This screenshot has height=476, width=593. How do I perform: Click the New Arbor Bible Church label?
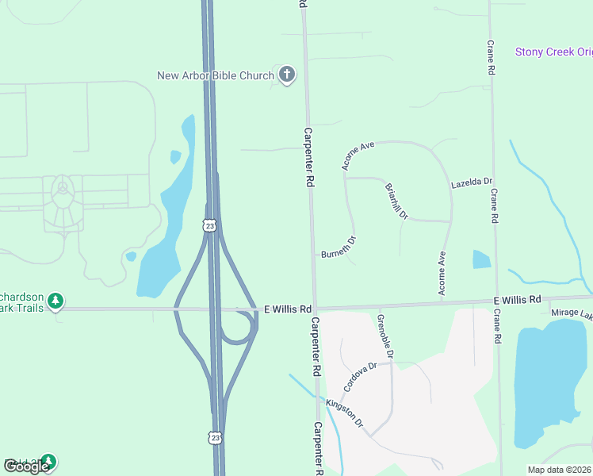214,76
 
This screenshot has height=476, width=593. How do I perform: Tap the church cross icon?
287,75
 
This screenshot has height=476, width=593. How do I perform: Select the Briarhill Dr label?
395,202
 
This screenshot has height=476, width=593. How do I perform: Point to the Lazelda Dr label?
472,182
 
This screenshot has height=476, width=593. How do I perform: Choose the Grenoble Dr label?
386,335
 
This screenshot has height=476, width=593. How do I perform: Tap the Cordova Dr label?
358,377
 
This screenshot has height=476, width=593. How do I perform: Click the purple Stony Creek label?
553,52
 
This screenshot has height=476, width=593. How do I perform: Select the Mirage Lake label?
572,314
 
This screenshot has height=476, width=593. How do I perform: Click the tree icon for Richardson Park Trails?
55,301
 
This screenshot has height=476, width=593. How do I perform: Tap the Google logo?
26,466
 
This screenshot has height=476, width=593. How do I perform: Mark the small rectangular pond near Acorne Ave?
481,259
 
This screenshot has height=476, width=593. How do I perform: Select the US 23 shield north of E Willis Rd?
209,226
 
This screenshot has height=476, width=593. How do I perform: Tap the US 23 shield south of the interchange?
215,437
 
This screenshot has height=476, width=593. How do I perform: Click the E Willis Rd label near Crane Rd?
517,300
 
